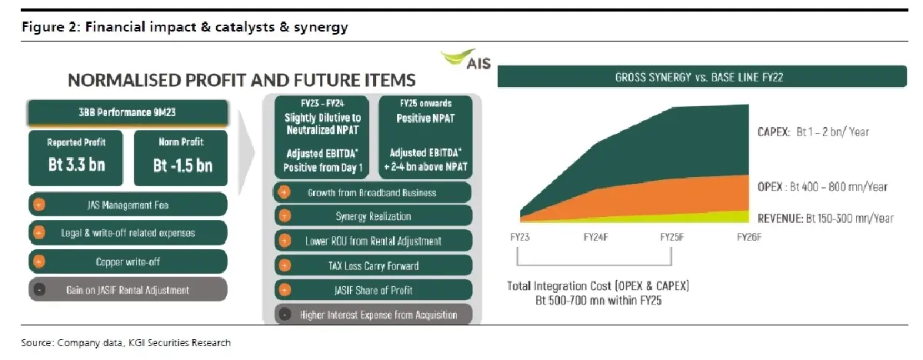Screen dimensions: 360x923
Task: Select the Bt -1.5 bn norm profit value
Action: pos(182,165)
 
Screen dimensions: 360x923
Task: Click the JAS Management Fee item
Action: pos(127,205)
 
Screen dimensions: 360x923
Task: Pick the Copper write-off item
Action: pos(127,262)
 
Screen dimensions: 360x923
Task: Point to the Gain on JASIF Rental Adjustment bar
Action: pos(127,290)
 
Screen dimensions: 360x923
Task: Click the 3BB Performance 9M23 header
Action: pos(127,113)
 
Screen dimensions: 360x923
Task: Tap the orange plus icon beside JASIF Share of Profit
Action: pos(285,290)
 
